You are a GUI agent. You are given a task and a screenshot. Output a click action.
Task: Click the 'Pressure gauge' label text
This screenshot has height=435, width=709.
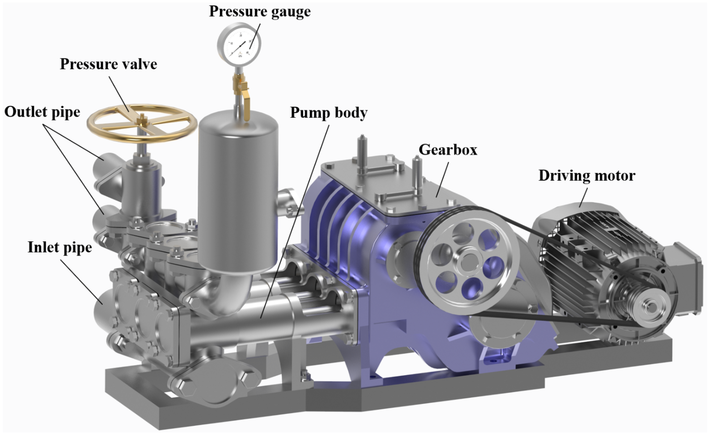click(x=260, y=12)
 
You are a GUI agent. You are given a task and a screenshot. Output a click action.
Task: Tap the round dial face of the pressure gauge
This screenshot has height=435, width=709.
click(x=239, y=45)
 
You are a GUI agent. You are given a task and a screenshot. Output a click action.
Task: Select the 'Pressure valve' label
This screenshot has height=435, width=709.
click(x=108, y=64)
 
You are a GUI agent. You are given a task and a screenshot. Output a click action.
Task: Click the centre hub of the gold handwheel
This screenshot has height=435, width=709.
click(x=142, y=120)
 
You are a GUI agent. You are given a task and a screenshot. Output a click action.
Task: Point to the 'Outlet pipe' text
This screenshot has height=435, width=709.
click(x=42, y=112)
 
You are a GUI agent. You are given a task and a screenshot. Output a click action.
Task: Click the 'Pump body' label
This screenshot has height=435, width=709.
click(x=328, y=112)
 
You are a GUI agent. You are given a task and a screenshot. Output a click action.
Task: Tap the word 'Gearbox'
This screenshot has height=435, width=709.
click(x=448, y=150)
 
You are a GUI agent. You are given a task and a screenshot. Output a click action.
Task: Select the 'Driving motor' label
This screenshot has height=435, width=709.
click(x=587, y=176)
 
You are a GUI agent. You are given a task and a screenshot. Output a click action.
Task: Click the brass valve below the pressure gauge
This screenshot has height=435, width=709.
click(x=241, y=86)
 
